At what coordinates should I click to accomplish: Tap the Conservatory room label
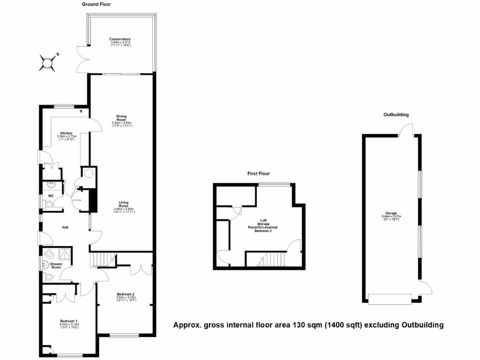(120, 39)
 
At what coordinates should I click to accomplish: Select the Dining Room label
(122, 118)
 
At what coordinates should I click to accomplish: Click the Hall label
(66, 228)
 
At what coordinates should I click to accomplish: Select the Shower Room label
(56, 265)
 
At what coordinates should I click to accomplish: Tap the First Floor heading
(259, 174)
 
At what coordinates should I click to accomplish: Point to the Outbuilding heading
(396, 114)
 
